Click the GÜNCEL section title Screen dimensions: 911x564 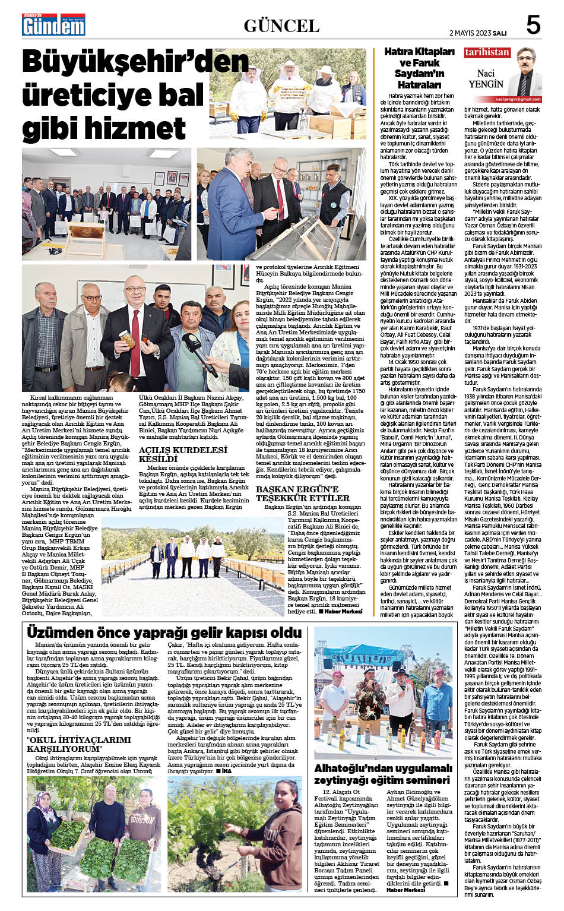pos(281,26)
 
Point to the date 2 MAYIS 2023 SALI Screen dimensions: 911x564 pos(477,33)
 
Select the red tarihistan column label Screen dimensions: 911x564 pos(487,52)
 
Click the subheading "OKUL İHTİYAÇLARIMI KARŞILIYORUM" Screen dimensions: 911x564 pos(78,744)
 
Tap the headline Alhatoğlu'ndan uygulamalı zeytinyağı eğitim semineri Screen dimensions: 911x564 pos(383,774)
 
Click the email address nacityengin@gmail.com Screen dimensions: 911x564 pos(518,99)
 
